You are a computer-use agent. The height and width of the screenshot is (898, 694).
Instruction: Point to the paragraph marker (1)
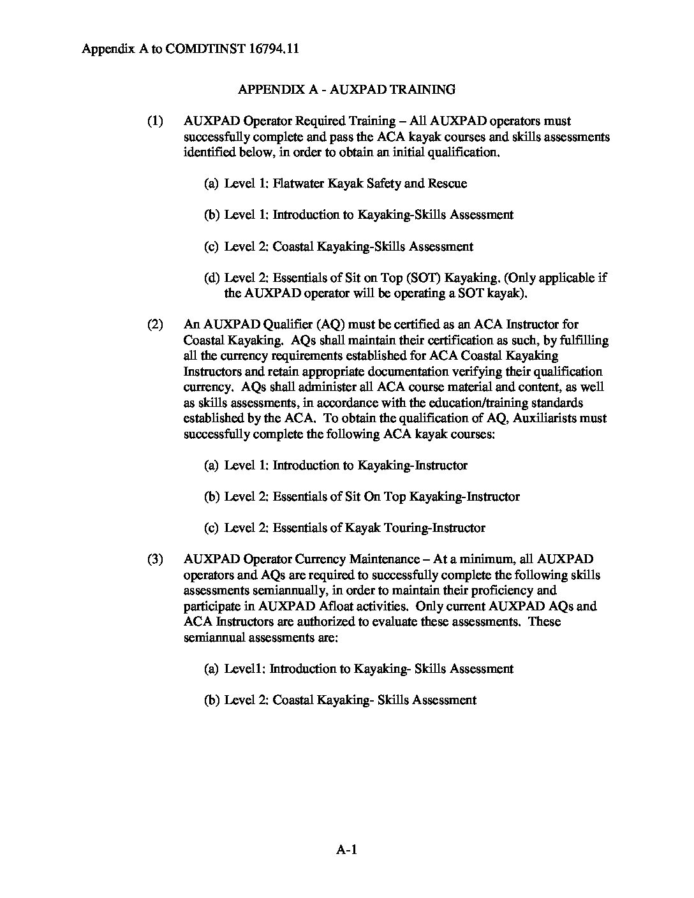(155, 121)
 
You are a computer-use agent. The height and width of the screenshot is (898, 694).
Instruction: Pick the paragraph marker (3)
(155, 559)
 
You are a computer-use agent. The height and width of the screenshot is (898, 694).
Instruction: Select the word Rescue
(447, 184)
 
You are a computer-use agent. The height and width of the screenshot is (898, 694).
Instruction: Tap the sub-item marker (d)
(212, 278)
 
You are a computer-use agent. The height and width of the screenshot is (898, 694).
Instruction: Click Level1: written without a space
(244, 669)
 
